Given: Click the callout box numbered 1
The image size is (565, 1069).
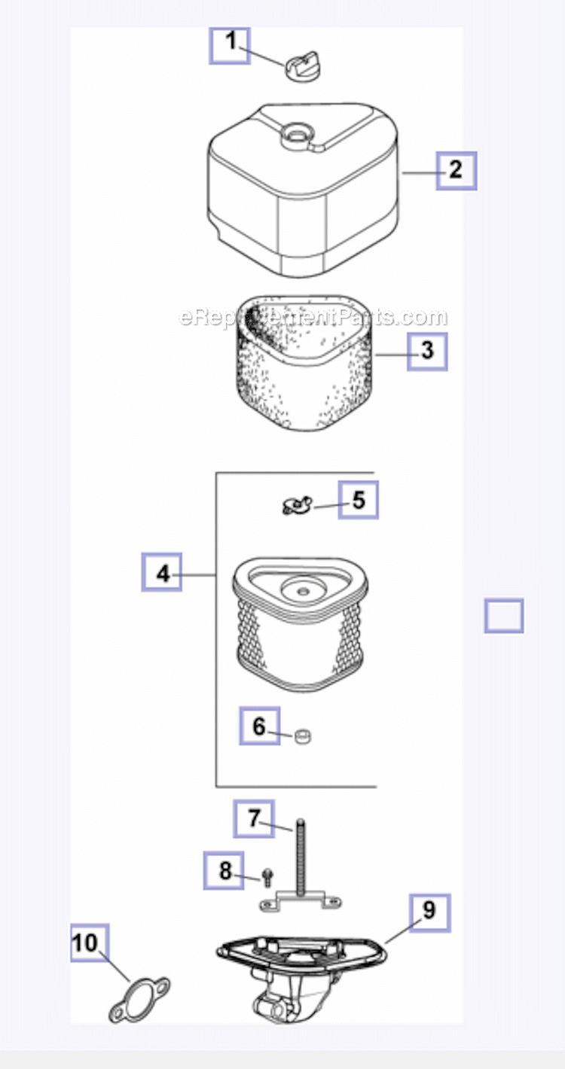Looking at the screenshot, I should tap(229, 45).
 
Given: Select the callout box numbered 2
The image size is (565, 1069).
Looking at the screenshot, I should tap(456, 170).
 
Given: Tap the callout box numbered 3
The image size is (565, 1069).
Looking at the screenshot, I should tap(427, 351).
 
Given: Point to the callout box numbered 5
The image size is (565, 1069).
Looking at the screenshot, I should tap(358, 500).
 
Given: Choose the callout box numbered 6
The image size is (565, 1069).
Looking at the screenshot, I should tap(259, 726).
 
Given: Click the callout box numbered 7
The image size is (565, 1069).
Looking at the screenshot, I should tap(253, 818).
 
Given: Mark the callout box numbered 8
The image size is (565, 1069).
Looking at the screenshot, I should tap(224, 871).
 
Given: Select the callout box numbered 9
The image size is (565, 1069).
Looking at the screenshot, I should tap(429, 912).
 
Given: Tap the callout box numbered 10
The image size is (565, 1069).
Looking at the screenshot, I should tap(90, 943).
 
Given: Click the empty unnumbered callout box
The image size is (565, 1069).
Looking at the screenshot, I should tap(503, 615).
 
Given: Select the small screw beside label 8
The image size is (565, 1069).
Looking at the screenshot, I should tap(267, 876).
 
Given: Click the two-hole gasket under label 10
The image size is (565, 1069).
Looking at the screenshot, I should tap(140, 995).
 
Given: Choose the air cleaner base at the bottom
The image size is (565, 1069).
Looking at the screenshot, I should tap(301, 971).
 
